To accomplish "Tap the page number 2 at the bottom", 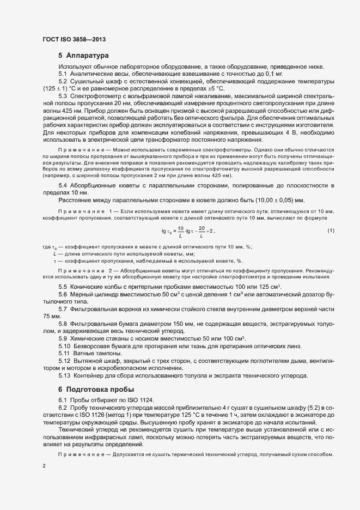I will tap(44, 466).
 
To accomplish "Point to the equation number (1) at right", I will tap(331, 231).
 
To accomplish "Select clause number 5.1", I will tap(63, 74).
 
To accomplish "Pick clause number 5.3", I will tap(63, 96).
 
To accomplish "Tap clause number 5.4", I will tap(63, 186).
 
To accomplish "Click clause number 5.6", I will tap(63, 294).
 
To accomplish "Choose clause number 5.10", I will tap(64, 345).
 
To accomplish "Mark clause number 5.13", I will tap(64, 375).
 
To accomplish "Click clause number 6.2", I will tap(63, 408).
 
